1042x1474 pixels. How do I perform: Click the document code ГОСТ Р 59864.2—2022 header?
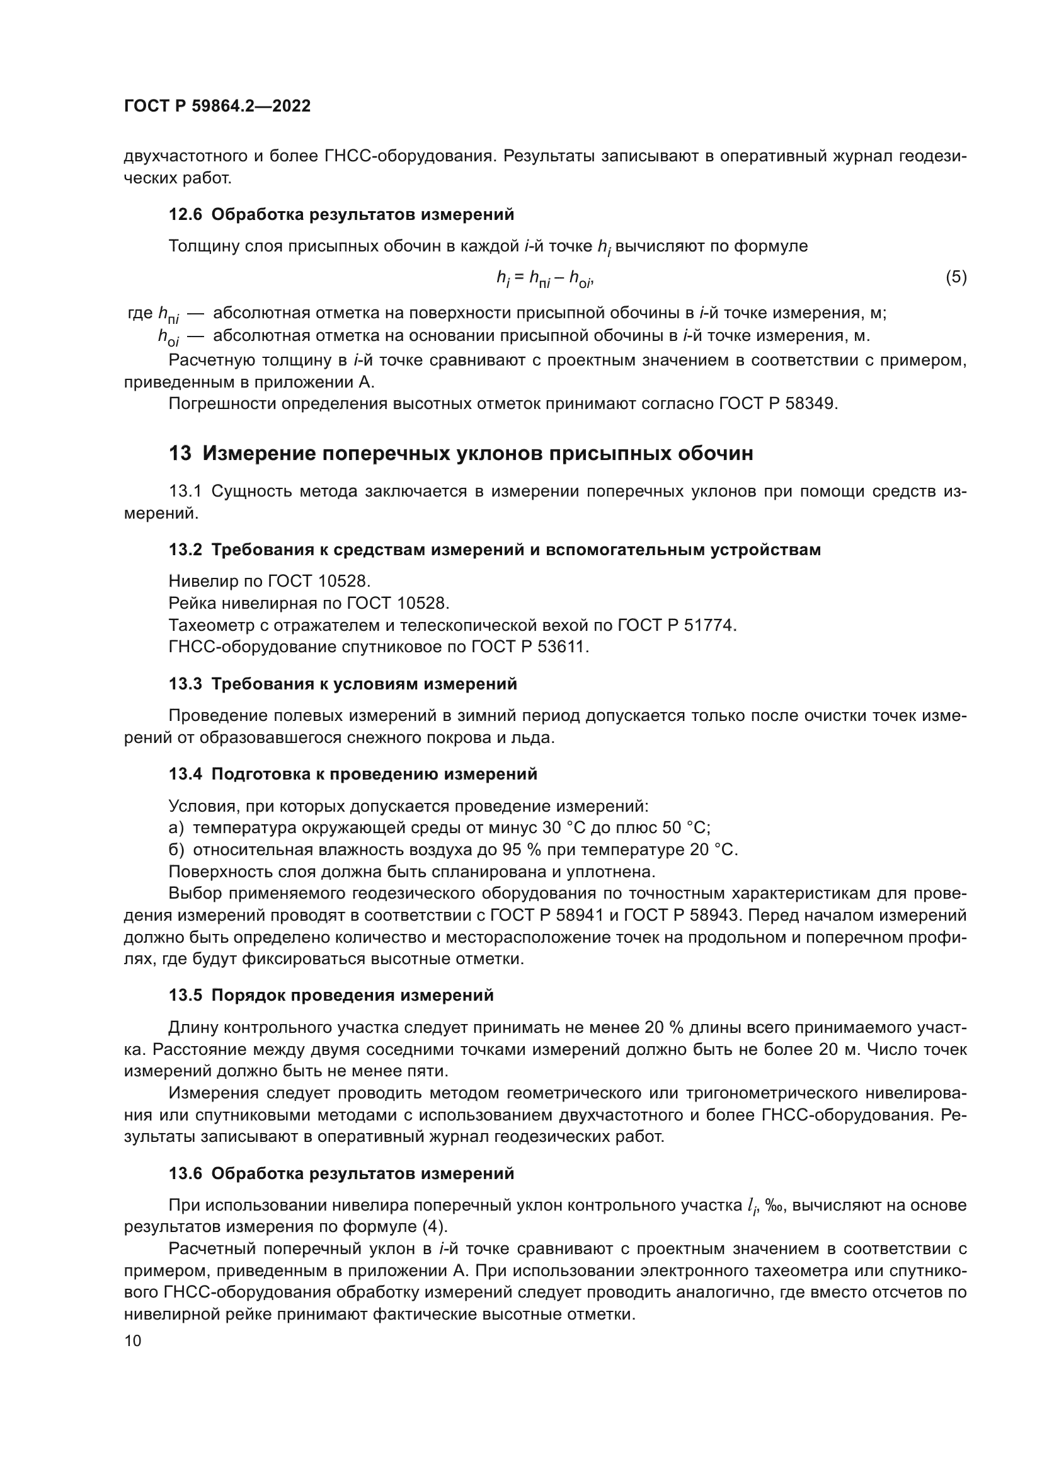(217, 106)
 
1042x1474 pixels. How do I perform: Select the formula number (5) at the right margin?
(956, 277)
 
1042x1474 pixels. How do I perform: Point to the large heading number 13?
(180, 453)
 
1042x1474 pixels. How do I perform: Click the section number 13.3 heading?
(185, 684)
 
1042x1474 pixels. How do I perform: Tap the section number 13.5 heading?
(185, 995)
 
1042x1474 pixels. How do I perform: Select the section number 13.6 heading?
(185, 1173)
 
